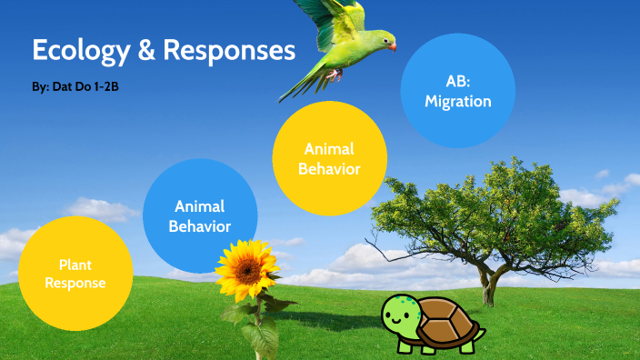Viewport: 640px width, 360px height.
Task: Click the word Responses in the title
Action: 230,50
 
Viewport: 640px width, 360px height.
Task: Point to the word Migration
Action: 458,102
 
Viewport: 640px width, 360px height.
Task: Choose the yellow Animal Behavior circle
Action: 330,158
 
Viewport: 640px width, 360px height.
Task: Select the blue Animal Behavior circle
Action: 200,216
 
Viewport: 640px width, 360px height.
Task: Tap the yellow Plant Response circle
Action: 75,274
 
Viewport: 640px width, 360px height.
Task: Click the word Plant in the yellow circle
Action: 75,265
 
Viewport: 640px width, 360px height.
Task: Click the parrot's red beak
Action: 392,45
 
